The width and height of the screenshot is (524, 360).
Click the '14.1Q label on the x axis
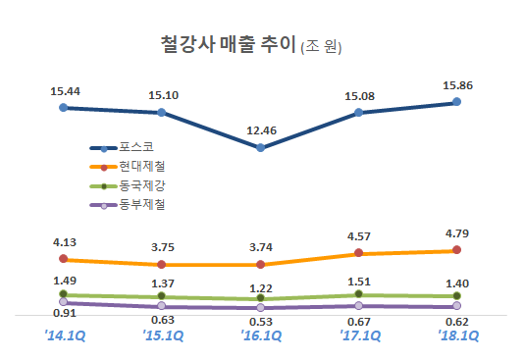(x=64, y=335)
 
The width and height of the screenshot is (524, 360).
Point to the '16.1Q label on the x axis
(x=260, y=335)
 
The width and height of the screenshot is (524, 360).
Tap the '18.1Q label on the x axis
(x=457, y=335)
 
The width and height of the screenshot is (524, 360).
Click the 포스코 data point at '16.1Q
(x=260, y=148)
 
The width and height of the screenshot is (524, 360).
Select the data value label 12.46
(x=260, y=129)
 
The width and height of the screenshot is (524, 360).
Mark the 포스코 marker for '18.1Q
(x=457, y=102)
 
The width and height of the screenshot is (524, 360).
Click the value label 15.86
(x=457, y=85)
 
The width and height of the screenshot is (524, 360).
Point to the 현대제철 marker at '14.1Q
(x=64, y=259)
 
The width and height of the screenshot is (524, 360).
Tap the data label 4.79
(x=457, y=233)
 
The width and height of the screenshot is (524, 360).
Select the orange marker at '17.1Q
(x=359, y=253)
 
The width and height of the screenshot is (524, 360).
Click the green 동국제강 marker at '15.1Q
(x=162, y=296)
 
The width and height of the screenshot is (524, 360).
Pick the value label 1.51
(x=359, y=277)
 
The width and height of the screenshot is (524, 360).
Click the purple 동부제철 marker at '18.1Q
(x=457, y=307)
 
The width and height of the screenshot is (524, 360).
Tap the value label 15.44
(x=64, y=90)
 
